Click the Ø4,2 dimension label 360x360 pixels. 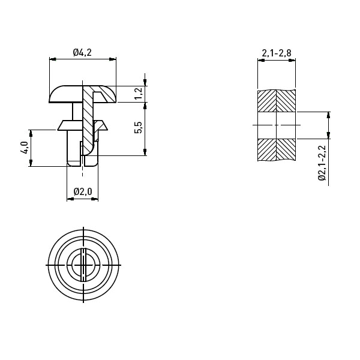pyautogui.click(x=82, y=52)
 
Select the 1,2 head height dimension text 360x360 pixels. pyautogui.click(x=139, y=94)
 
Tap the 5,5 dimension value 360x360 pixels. pyautogui.click(x=139, y=127)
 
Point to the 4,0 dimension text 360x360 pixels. pyautogui.click(x=24, y=148)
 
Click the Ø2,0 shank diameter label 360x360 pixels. pyautogui.click(x=83, y=191)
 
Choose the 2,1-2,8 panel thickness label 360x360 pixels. pyautogui.click(x=277, y=53)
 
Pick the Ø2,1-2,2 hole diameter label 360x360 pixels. pyautogui.click(x=322, y=163)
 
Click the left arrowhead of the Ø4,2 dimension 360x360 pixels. pyautogui.click(x=53, y=59)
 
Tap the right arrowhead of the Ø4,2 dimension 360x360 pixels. pyautogui.click(x=113, y=59)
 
